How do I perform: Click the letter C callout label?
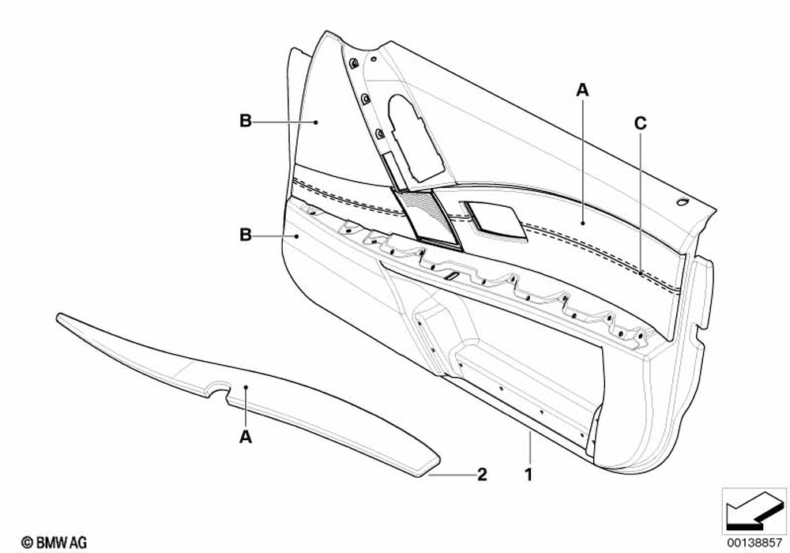[x=640, y=122]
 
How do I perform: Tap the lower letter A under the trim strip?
[x=246, y=435]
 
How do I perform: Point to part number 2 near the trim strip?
[x=481, y=476]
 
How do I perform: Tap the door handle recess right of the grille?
[x=496, y=217]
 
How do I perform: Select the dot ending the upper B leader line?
[x=316, y=122]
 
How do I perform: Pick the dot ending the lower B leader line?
[x=297, y=235]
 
